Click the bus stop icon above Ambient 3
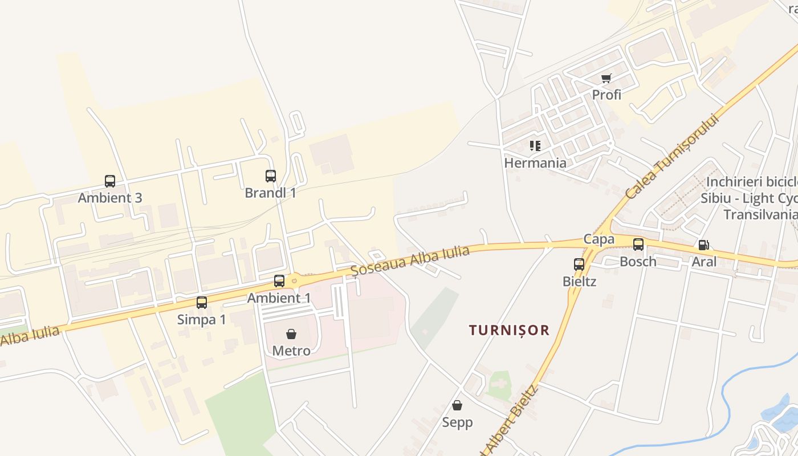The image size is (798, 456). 110,181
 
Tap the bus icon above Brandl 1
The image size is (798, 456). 271,176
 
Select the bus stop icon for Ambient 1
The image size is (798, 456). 279,280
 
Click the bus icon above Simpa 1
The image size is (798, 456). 202,302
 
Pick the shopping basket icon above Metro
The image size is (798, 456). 291,333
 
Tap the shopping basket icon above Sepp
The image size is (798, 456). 457,405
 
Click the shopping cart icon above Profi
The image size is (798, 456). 606,78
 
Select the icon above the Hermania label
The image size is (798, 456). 535,146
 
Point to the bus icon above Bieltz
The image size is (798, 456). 579,264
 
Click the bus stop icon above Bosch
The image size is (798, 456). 638,245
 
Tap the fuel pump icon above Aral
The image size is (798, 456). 704,245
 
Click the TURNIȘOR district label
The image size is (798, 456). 509,330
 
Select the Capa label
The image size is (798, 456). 598,239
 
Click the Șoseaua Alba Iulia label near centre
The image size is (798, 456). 410,260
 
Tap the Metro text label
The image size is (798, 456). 291,351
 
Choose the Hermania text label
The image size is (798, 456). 535,163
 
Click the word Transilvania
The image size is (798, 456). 760,214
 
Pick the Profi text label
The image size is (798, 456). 606,95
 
